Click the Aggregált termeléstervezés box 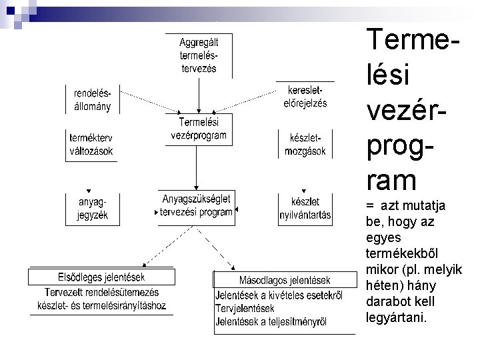point(198,55)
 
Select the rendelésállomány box point(92,99)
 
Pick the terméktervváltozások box point(91,144)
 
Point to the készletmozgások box point(306,144)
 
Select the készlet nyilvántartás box point(306,208)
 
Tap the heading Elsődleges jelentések point(101,277)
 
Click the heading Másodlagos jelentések point(284,280)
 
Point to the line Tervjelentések point(245,309)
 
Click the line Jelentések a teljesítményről point(271,322)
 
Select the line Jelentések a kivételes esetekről point(279,295)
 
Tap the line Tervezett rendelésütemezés point(101,292)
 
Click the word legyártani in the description point(397,317)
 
